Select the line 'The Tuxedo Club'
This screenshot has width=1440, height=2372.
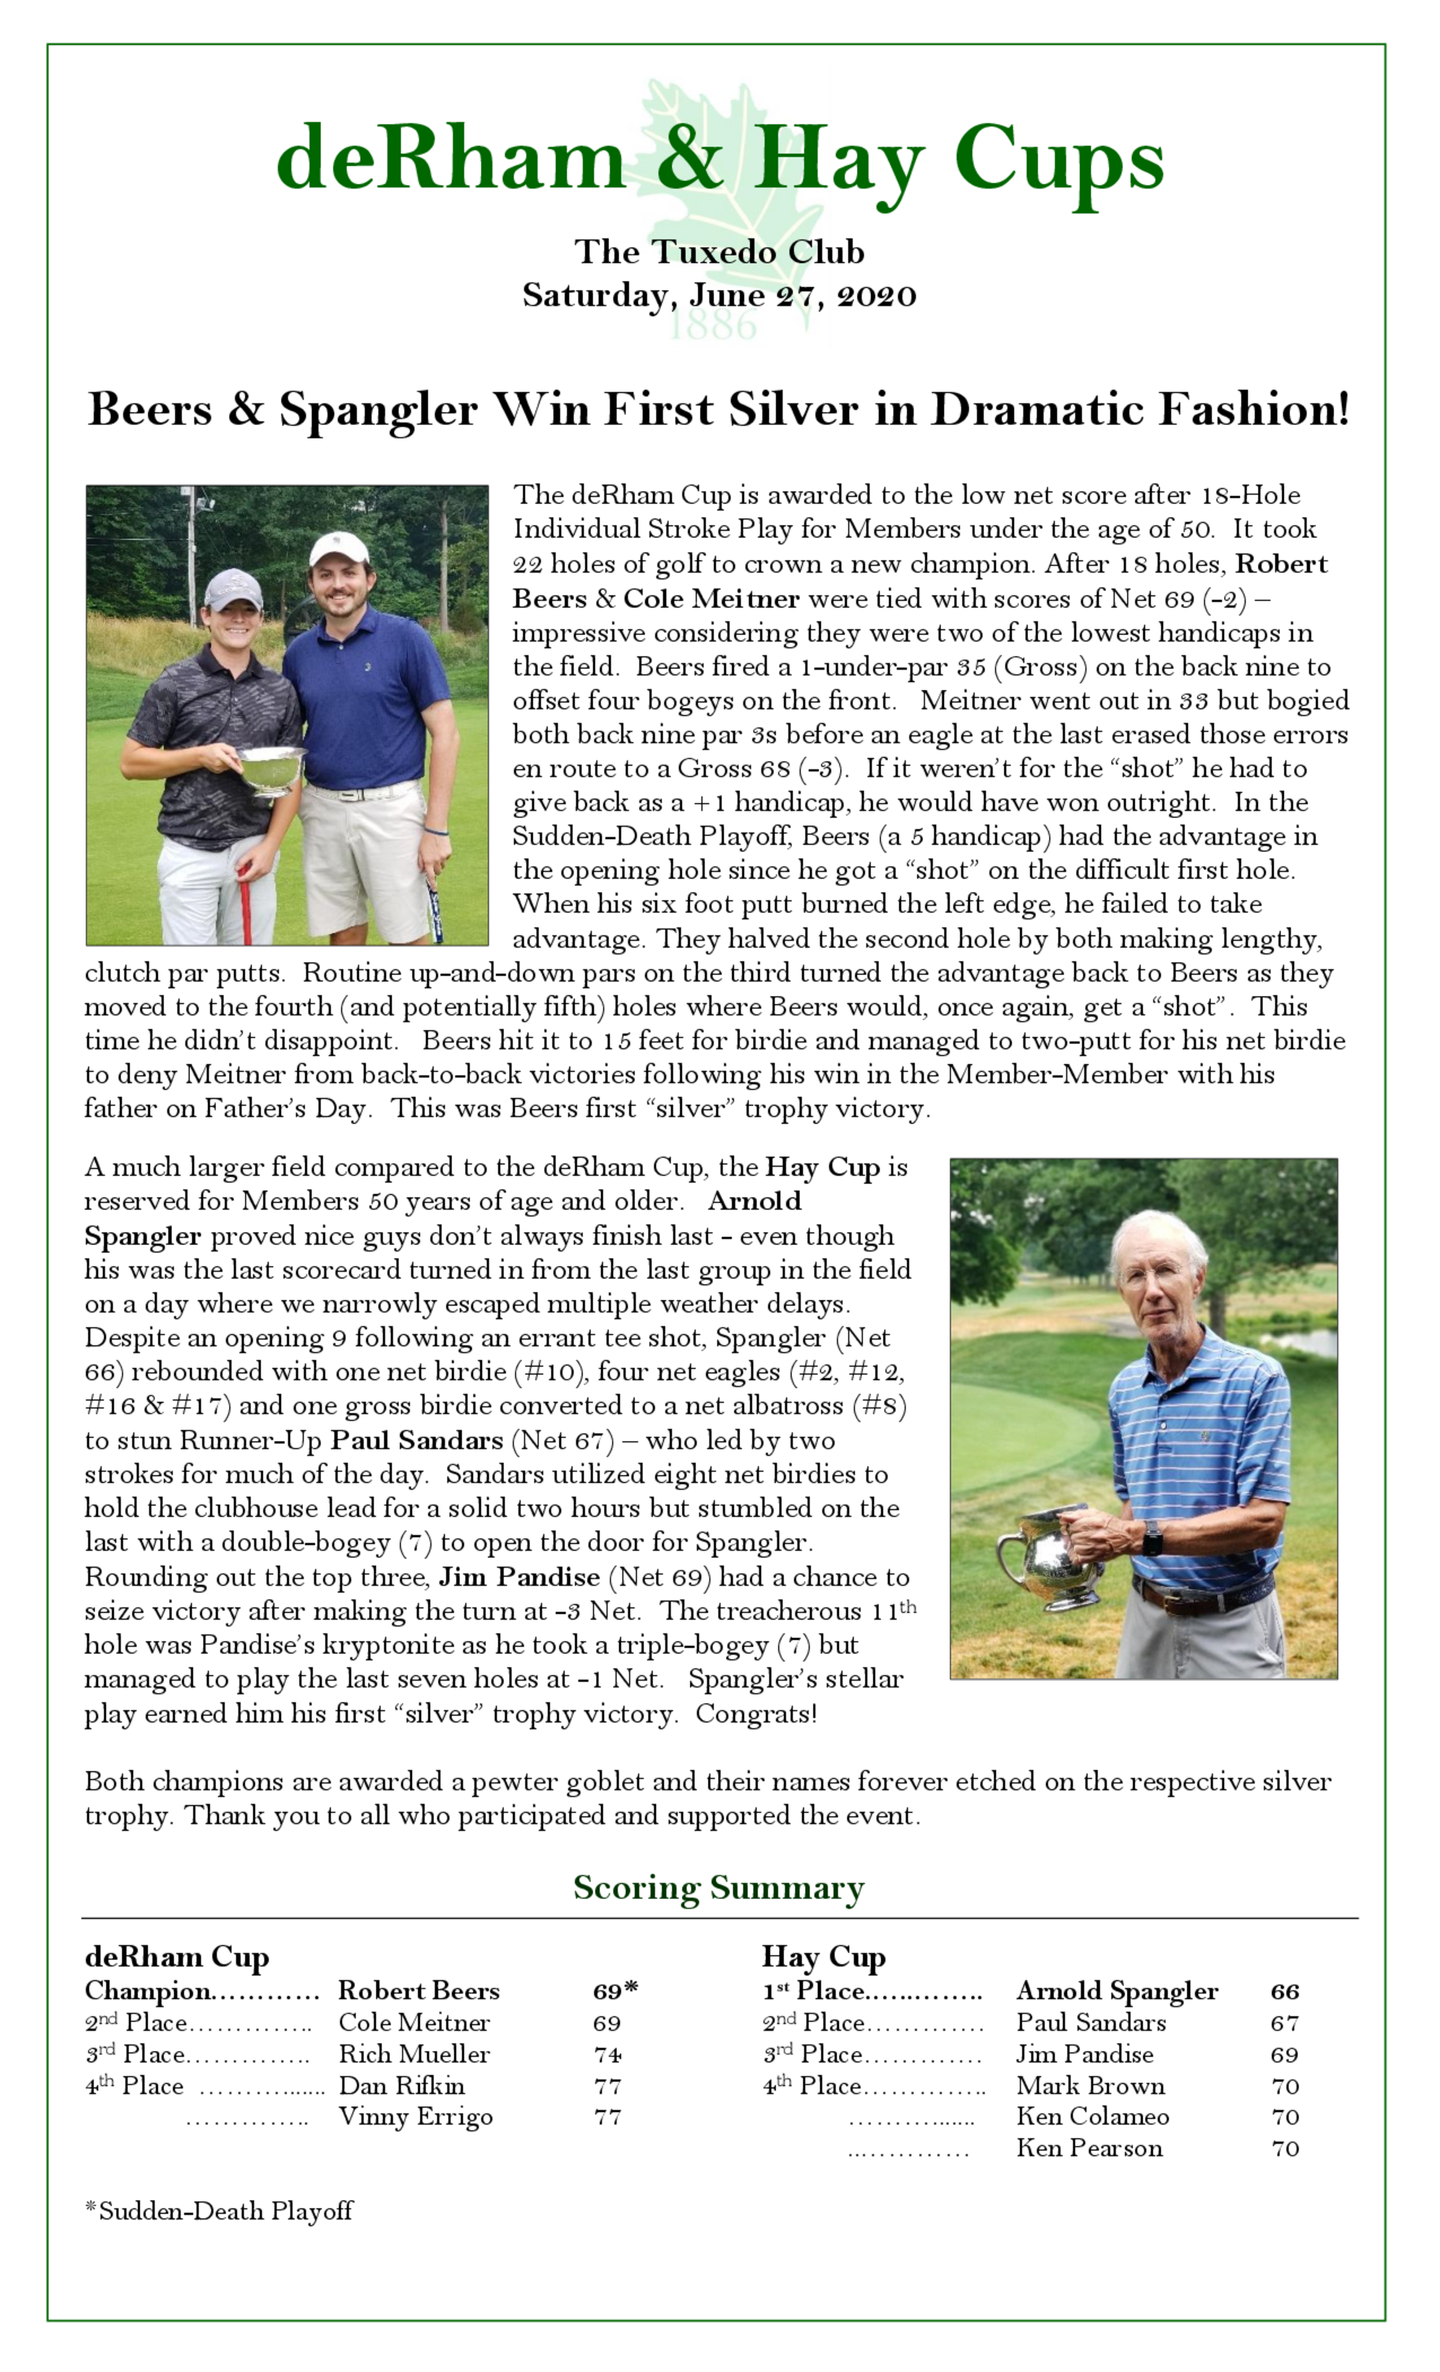pyautogui.click(x=719, y=251)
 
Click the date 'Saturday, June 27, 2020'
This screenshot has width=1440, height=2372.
pyautogui.click(x=719, y=295)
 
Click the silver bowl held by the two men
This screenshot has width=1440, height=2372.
pyautogui.click(x=271, y=767)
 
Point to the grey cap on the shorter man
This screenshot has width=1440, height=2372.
pyautogui.click(x=233, y=587)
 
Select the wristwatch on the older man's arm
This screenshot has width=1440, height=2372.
pyautogui.click(x=1152, y=1537)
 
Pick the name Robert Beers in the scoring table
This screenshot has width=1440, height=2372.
pyautogui.click(x=419, y=1991)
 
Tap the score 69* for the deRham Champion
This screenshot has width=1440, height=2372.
pyautogui.click(x=614, y=1991)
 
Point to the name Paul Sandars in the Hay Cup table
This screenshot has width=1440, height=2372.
pyautogui.click(x=1091, y=2023)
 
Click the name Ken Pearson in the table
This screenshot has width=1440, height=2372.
pyautogui.click(x=1089, y=2148)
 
